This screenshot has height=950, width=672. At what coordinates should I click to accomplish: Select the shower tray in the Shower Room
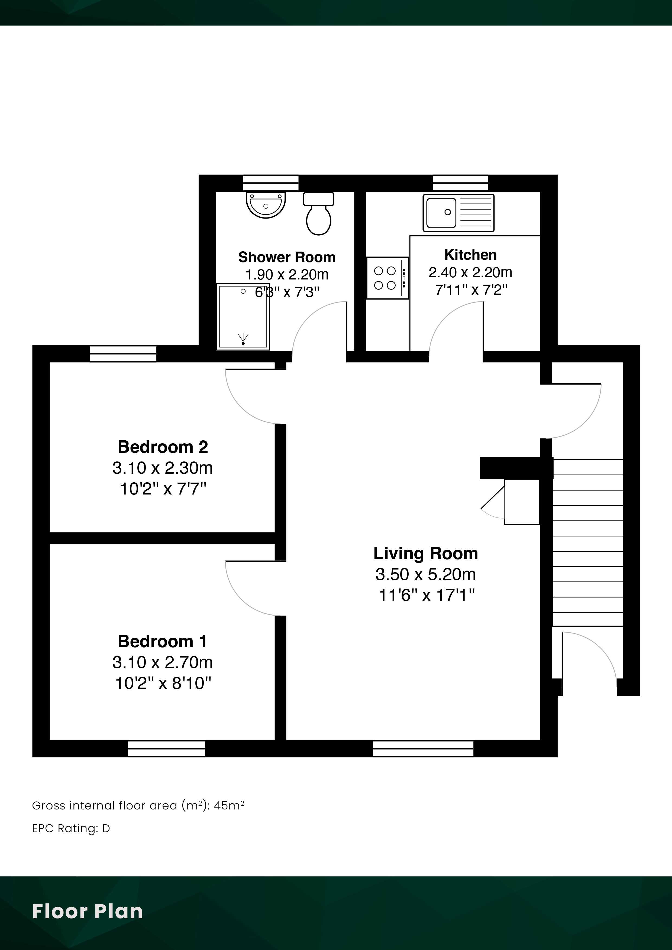pos(243,316)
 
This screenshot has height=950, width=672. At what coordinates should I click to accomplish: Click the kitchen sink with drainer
pos(458,213)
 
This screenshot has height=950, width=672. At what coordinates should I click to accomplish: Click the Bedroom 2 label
pos(163,447)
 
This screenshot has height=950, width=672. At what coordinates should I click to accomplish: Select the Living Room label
pos(426,553)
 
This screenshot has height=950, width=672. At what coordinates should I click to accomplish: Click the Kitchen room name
pos(470,255)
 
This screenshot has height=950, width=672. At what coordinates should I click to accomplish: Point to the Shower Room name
pos(287,257)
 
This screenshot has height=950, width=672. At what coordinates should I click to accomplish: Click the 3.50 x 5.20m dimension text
pos(426,574)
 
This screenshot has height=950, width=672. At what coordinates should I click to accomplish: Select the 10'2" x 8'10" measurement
pos(163,683)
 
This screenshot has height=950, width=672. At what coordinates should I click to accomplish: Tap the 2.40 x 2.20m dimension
pos(470,272)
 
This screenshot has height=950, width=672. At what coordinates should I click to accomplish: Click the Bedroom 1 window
pos(166,749)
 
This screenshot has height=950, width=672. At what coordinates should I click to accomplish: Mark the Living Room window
pos(423,749)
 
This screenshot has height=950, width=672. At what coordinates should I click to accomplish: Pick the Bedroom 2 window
pos(123,354)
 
